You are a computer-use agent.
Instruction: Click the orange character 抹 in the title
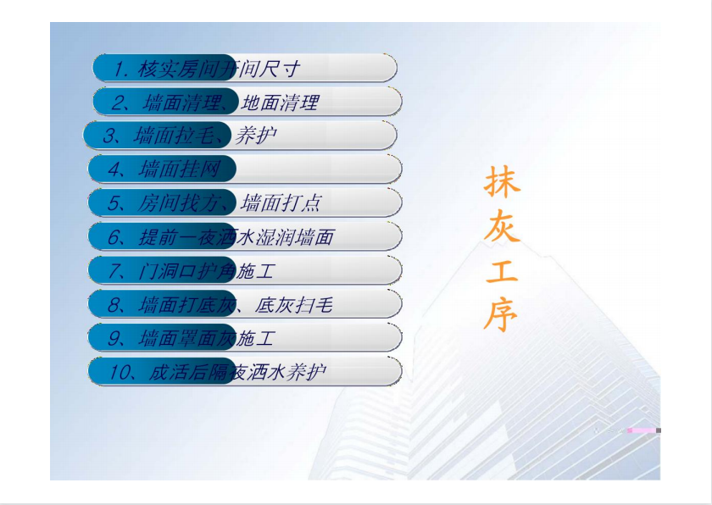502,181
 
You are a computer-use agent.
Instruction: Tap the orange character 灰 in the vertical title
502,225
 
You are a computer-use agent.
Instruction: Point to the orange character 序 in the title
501,314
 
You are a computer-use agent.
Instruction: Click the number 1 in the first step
119,69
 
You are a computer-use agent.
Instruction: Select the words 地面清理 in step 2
280,103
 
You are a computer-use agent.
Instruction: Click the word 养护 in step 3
256,136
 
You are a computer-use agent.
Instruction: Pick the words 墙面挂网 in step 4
180,169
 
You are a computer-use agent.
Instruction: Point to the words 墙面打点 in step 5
281,203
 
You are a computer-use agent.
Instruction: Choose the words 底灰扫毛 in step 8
294,305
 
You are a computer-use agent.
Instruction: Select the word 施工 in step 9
255,338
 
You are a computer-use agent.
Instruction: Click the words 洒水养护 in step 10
286,373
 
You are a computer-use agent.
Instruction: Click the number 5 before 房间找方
113,203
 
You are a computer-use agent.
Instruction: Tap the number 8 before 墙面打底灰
113,305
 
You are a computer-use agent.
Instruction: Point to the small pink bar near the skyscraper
642,430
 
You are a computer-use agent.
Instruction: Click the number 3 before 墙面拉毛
108,136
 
